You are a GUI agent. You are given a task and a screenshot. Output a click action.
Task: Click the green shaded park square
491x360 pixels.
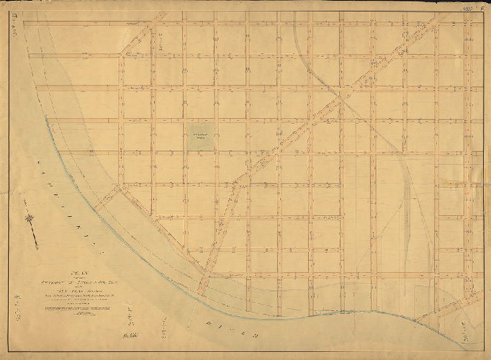(202, 138)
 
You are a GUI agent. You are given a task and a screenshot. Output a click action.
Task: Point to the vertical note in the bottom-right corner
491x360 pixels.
(472, 336)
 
